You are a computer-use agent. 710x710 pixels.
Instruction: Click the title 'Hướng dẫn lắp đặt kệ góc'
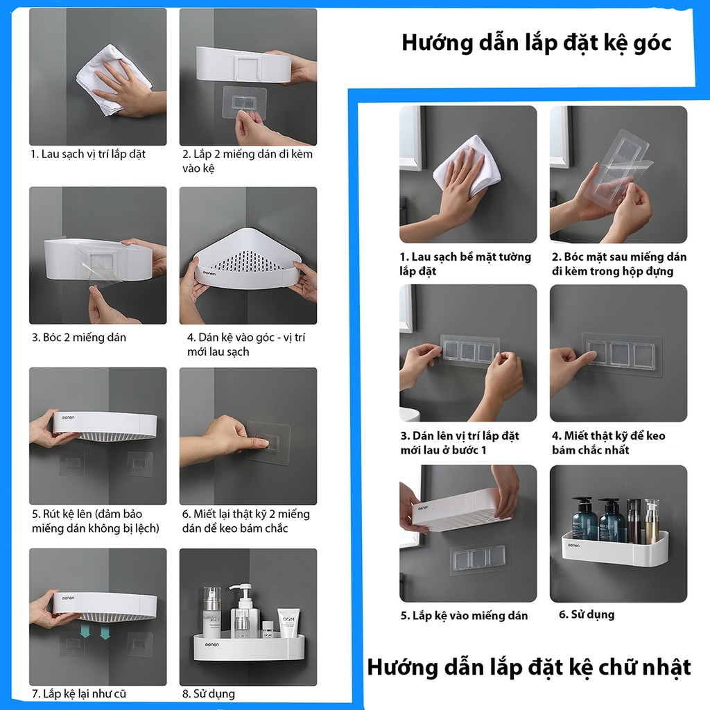(537, 44)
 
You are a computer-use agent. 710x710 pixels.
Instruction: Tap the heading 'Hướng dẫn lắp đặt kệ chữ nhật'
(529, 668)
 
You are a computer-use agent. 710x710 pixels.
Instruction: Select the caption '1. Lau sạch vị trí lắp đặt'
(88, 155)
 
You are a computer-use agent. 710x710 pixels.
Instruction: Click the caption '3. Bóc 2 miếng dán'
(79, 338)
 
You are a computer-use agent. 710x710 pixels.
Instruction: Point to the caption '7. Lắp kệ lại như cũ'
(79, 693)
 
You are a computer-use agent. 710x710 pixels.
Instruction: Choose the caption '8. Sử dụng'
(209, 694)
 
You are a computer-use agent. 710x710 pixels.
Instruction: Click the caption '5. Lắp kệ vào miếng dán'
(464, 616)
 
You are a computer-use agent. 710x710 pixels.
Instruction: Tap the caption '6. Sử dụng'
(587, 614)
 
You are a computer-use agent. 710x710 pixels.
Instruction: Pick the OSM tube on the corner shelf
(288, 623)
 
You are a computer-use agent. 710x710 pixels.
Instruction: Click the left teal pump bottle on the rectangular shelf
(584, 520)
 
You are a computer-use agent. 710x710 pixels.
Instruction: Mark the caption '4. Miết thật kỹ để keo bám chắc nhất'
(609, 443)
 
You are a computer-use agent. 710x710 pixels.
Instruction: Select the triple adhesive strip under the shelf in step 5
(478, 558)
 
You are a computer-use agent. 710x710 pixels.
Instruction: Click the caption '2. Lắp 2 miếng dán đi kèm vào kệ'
(248, 161)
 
